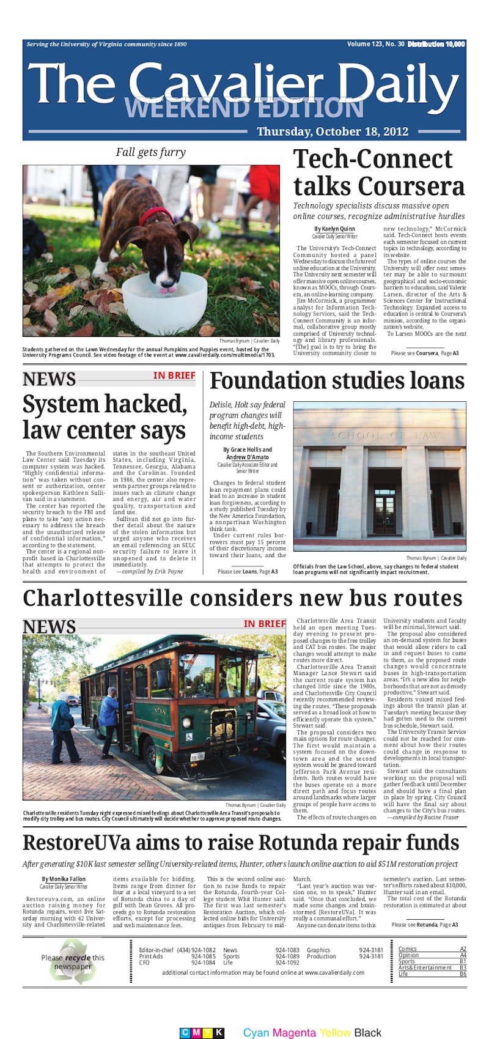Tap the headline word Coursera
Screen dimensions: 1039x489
[412, 186]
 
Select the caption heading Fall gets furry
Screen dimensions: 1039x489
[150, 152]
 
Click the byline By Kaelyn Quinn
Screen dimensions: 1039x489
[334, 229]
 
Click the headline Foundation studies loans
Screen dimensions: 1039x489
[337, 380]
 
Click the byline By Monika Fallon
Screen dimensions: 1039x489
[64, 879]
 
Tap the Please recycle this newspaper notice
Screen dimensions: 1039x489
[73, 962]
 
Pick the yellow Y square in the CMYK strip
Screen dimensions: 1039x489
[207, 1033]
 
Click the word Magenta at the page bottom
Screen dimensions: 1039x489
[295, 1033]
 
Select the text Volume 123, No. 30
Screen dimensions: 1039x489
[375, 44]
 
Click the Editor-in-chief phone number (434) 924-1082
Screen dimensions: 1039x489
[196, 950]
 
